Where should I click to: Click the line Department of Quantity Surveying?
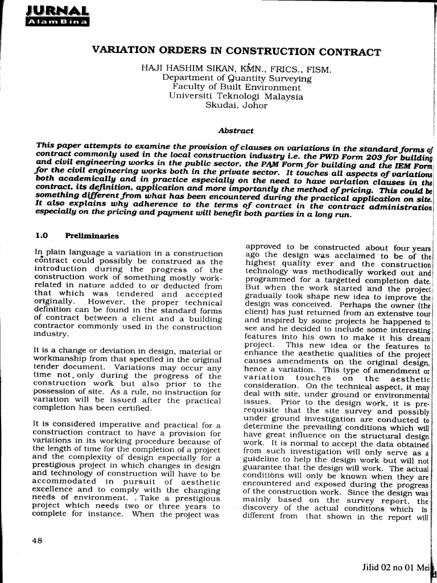237,79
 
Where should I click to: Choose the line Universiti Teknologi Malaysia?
236,96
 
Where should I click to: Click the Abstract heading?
236,131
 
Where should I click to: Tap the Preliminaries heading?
92,235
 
